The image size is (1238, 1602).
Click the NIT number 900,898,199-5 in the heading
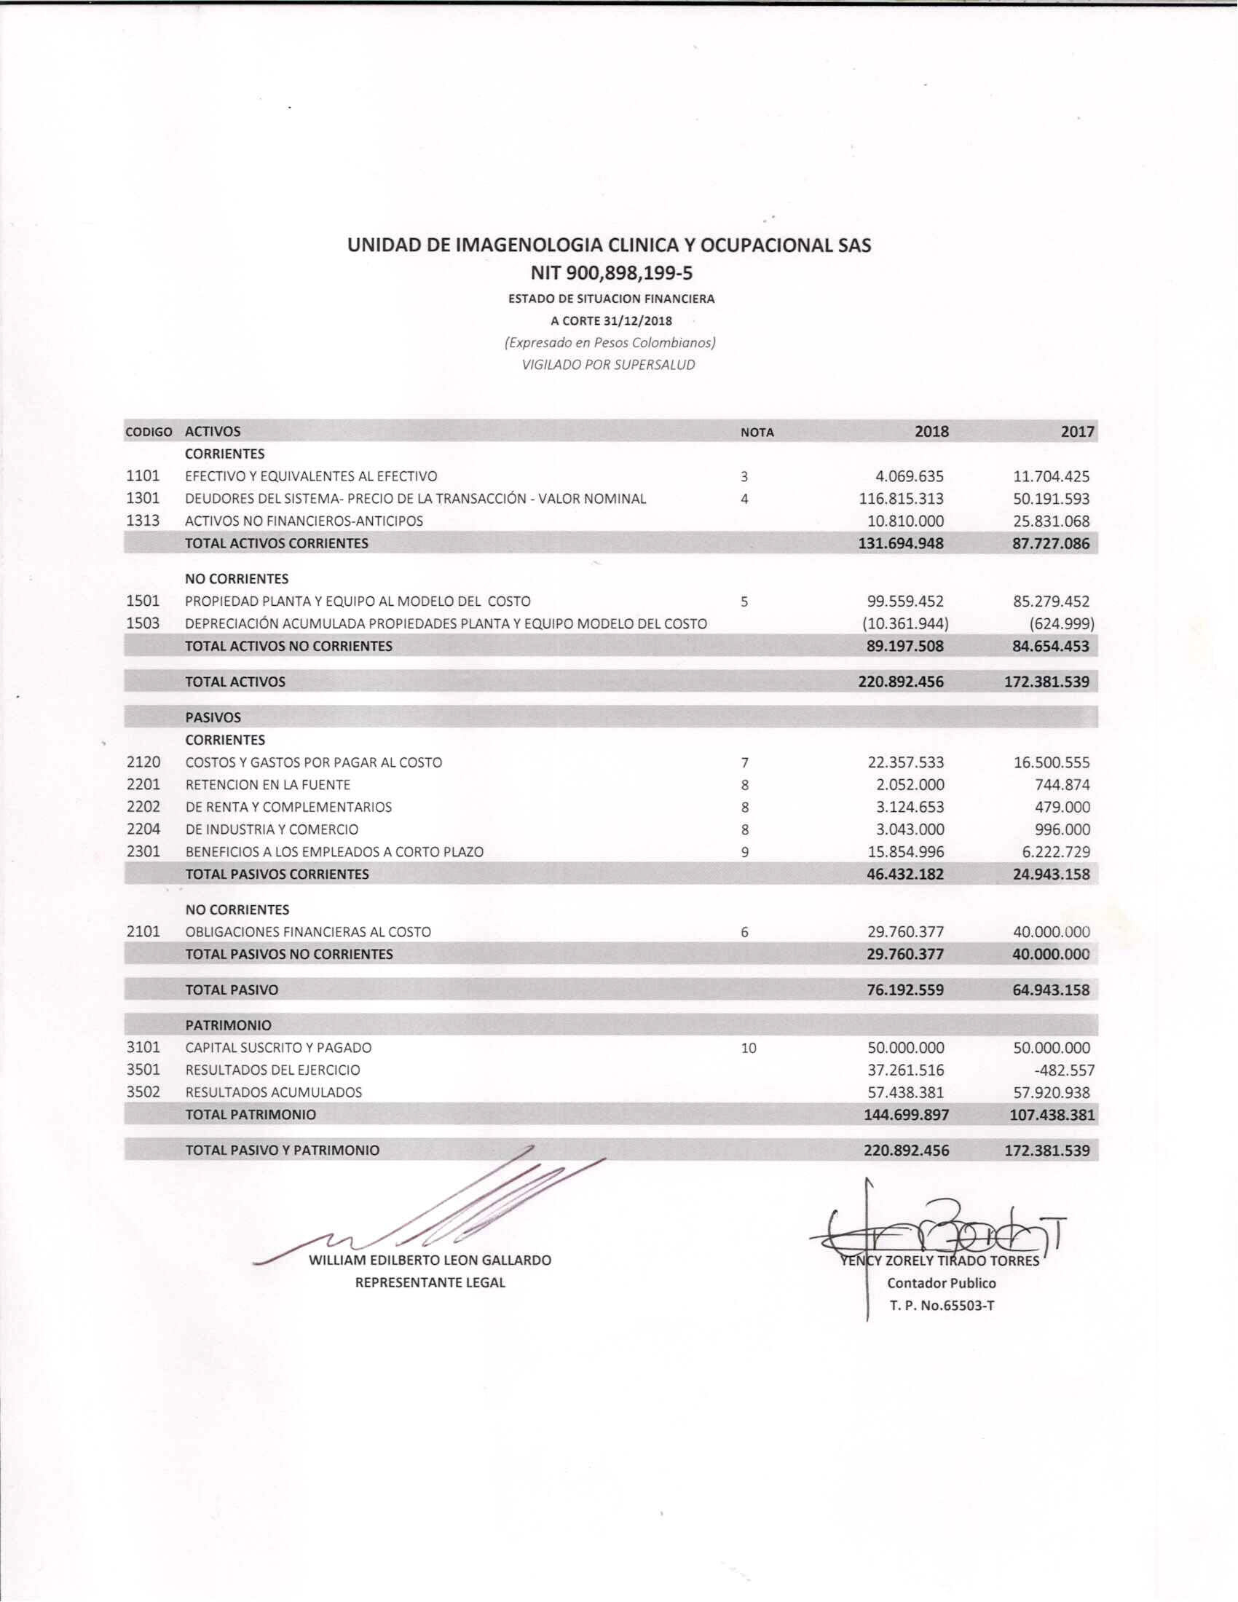coord(611,274)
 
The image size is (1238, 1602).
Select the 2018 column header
coord(931,431)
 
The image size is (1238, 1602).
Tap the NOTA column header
coord(757,433)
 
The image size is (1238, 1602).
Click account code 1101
coord(143,476)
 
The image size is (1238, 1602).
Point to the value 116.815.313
coord(901,499)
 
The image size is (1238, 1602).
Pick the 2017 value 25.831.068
coord(1051,521)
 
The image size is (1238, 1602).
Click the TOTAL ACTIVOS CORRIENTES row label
coord(277,543)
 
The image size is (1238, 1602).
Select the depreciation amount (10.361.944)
coord(905,624)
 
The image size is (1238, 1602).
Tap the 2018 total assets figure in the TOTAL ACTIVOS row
coord(901,682)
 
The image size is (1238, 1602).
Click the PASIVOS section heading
coord(213,717)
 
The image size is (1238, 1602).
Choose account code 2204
coord(143,829)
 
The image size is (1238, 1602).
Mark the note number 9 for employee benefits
coord(744,853)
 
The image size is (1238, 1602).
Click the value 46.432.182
coord(905,875)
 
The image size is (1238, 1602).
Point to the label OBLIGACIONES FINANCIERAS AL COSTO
coord(308,932)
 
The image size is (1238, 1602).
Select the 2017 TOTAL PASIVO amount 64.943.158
coord(1051,990)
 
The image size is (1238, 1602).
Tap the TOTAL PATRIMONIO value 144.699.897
coord(906,1115)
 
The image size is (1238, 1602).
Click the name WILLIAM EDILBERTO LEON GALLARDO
coord(430,1260)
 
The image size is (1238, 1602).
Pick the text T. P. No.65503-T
coord(942,1305)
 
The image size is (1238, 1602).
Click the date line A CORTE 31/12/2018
coord(611,320)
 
